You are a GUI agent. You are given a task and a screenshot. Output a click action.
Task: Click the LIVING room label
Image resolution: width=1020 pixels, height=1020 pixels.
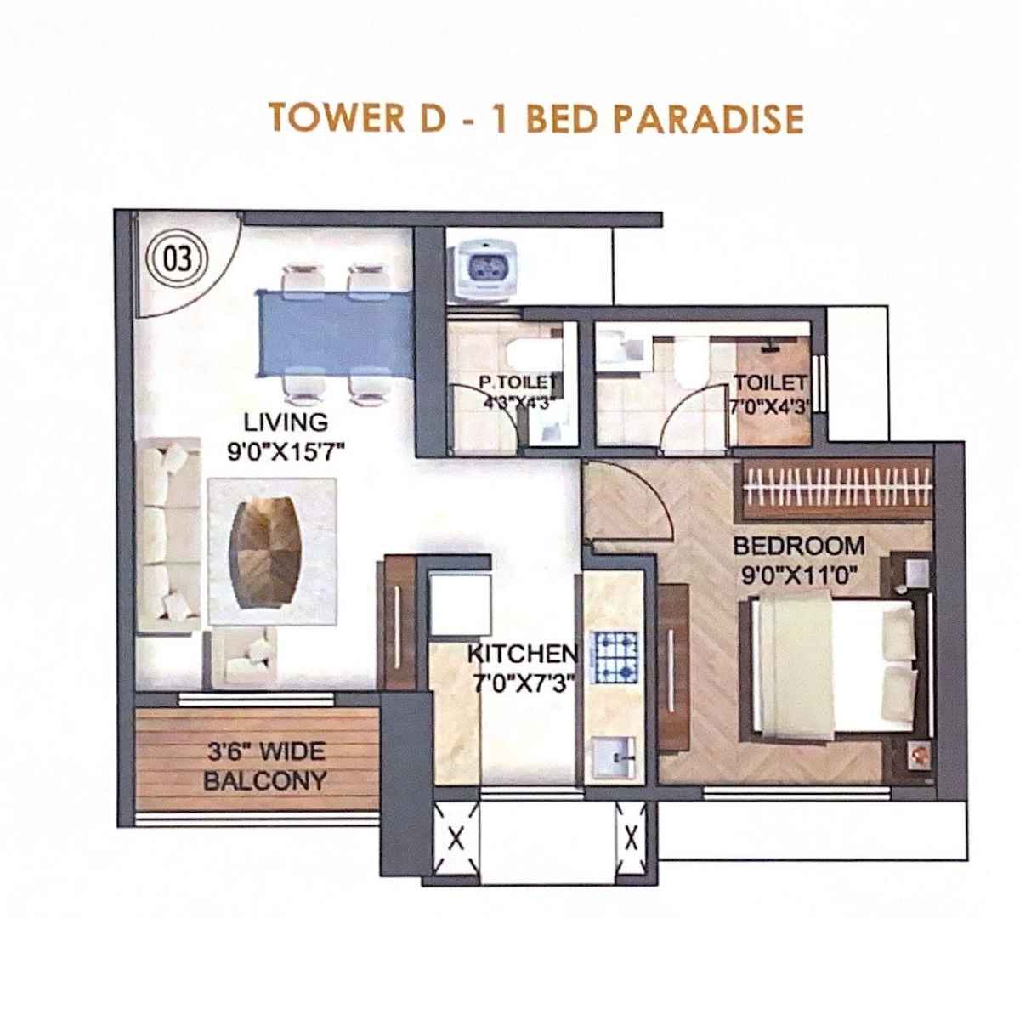point(286,422)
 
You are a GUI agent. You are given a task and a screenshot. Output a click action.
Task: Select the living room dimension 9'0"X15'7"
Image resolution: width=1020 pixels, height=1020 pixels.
point(286,451)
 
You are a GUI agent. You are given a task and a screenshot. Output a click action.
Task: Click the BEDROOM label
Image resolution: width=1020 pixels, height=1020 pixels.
point(798,545)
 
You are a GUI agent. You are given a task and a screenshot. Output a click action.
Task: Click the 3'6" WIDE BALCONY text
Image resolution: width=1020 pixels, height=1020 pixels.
point(265,766)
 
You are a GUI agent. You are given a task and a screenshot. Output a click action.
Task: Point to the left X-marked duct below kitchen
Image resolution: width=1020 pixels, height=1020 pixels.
point(455,840)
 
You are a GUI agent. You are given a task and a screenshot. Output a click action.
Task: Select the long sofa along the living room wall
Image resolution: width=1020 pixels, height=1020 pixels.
point(167,535)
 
